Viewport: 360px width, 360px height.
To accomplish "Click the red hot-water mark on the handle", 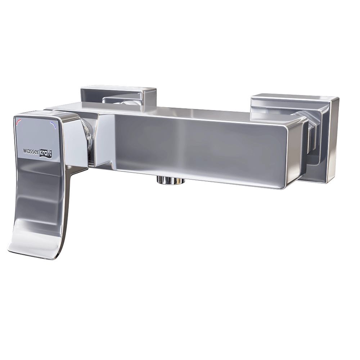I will [x=19, y=122].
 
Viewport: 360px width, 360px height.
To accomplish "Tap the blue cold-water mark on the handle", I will [x=54, y=125].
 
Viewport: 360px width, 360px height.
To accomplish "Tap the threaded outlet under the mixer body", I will [x=170, y=180].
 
